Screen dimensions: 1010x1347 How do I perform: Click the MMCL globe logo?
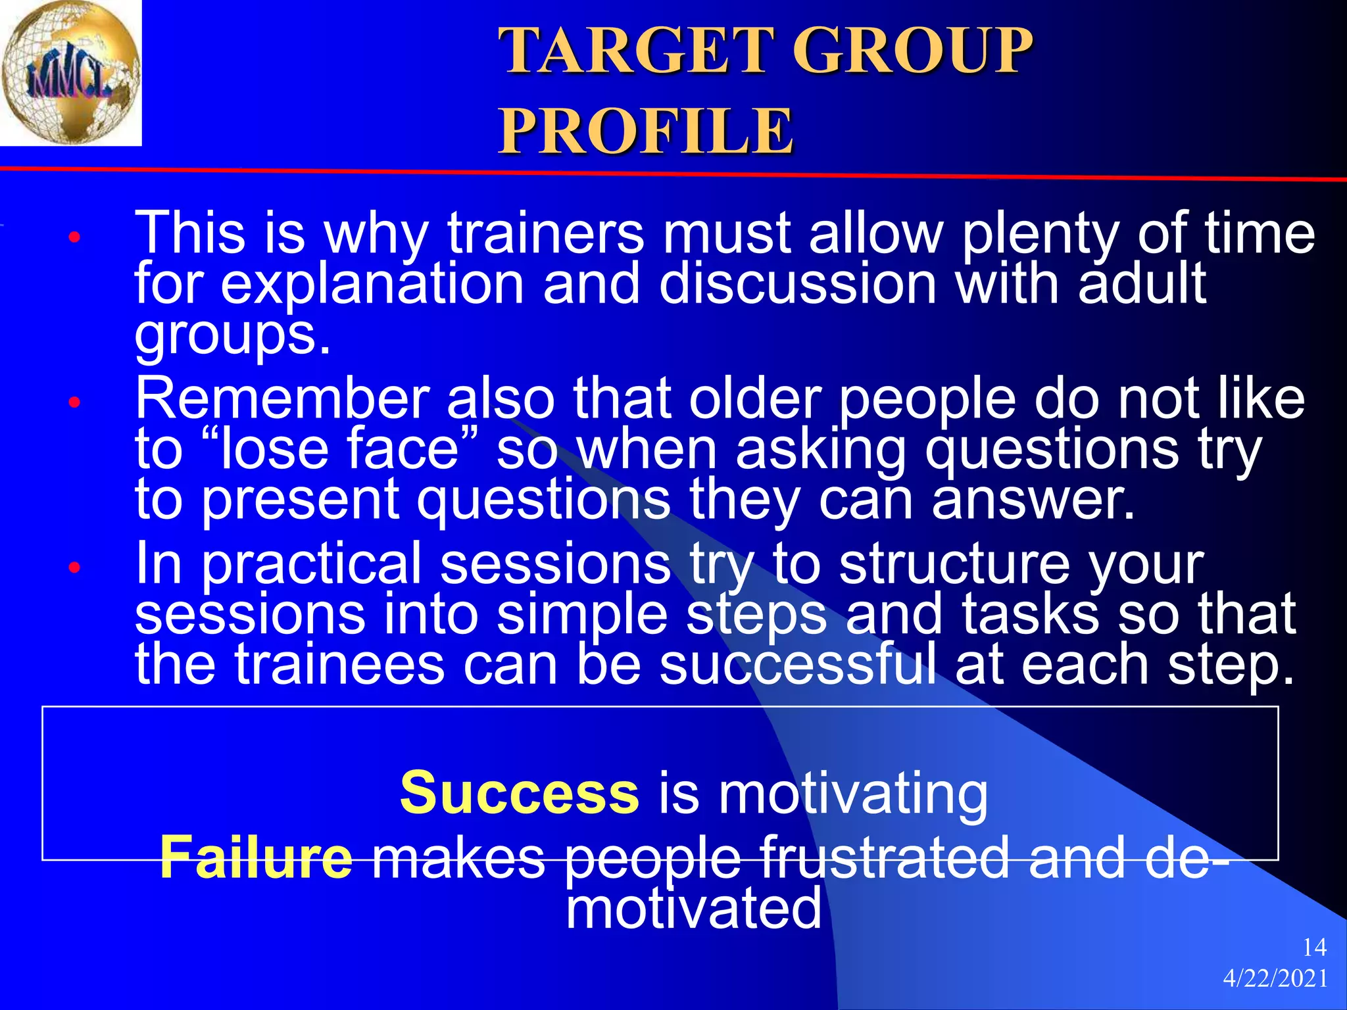(70, 72)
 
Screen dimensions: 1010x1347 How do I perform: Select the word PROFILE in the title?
(646, 131)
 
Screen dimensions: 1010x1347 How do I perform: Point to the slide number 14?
(1314, 948)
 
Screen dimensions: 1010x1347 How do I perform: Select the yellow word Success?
(519, 793)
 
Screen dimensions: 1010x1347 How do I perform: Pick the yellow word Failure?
(256, 857)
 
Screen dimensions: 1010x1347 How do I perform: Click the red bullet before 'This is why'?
(74, 237)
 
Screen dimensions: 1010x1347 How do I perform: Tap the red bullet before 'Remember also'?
(74, 402)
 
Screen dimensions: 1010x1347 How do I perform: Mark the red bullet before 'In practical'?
(74, 567)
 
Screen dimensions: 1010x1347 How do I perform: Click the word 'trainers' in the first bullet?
(546, 233)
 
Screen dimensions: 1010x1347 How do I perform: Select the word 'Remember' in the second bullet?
(282, 399)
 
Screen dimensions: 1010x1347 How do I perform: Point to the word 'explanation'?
(372, 284)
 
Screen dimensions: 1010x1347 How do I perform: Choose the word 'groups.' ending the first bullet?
(233, 335)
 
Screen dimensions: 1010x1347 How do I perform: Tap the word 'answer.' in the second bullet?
(1033, 500)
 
